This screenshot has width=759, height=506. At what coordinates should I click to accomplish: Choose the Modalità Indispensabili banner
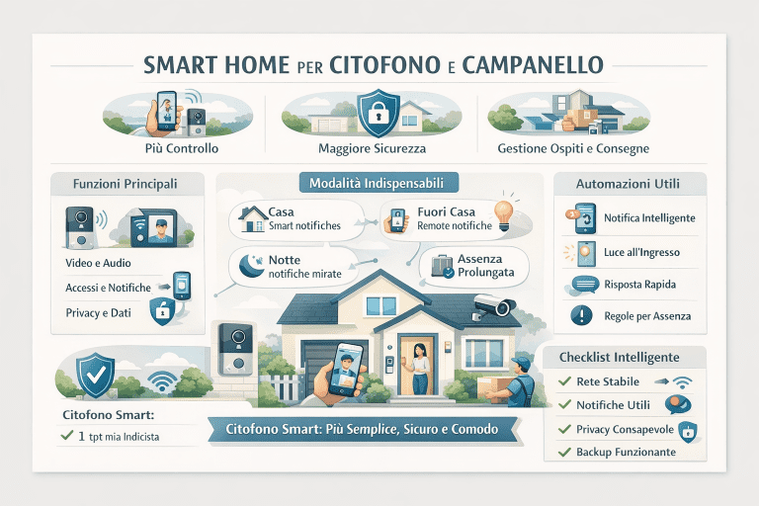378,183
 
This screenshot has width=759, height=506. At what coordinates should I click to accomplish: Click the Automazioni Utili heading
629,184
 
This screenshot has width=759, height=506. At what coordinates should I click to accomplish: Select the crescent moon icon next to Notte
248,263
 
